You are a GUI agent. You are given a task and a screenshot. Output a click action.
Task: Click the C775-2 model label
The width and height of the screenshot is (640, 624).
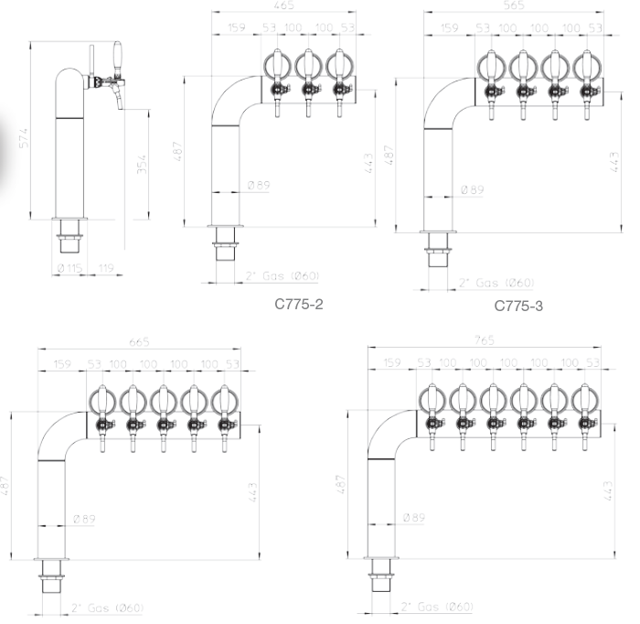pos(299,305)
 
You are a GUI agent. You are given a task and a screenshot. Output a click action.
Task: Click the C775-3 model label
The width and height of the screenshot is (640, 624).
pos(518,306)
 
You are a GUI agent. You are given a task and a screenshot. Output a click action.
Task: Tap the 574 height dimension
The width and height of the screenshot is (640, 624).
pos(25,138)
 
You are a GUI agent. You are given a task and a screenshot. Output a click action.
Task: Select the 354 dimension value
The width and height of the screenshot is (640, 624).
pos(141,164)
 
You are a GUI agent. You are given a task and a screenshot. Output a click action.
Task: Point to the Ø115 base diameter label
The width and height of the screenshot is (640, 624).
pos(69,268)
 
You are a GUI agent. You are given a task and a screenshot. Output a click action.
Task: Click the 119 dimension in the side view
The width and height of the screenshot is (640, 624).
pos(106,268)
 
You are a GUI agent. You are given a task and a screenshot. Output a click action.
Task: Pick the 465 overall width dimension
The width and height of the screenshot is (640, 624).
pos(283,5)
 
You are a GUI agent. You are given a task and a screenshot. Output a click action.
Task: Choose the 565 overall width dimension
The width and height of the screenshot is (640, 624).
pos(514,5)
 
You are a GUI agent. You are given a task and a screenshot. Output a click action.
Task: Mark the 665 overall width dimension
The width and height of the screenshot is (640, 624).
pos(139,341)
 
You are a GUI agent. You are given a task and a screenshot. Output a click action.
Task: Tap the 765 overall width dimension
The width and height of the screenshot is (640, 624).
pos(485,339)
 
